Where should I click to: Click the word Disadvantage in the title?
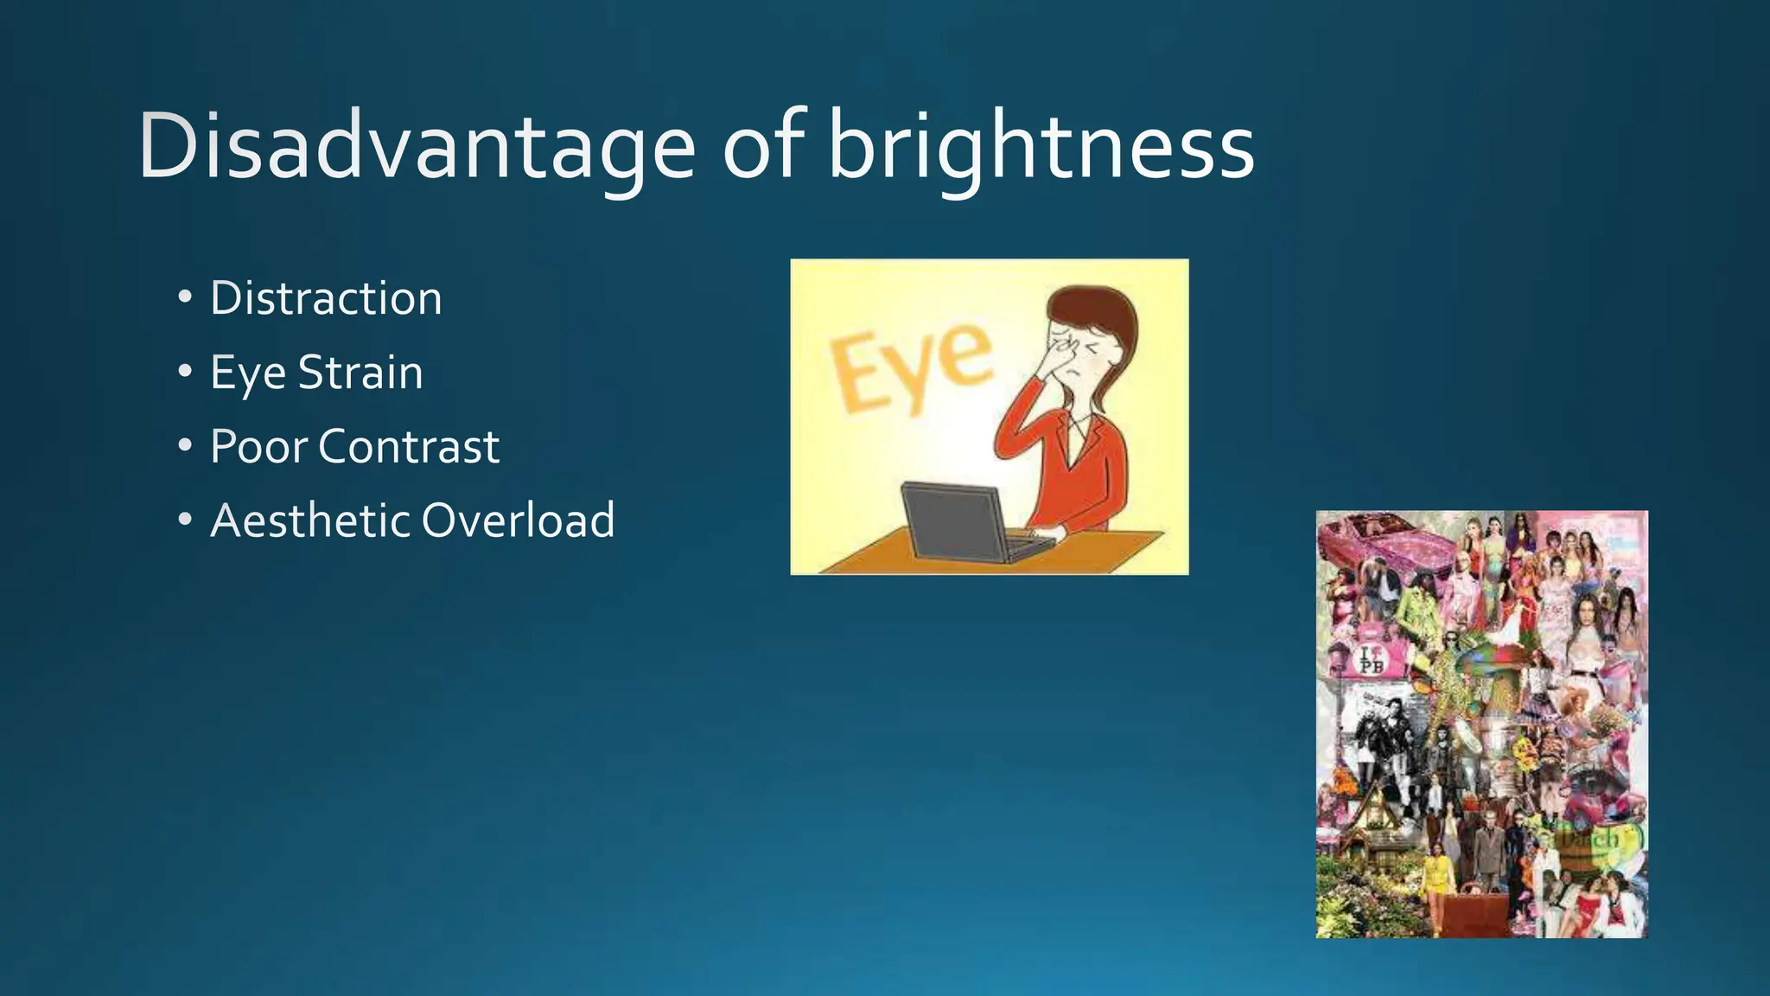pos(416,147)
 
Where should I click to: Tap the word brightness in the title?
pos(1041,147)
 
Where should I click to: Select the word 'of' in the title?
pos(766,147)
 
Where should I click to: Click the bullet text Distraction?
pos(326,298)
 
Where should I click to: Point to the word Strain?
pos(360,373)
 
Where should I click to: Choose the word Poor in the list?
pos(258,447)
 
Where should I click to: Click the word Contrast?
pos(409,447)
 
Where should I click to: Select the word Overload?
pos(518,520)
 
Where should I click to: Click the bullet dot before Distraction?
pos(185,298)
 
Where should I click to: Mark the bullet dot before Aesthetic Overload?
pos(185,520)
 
